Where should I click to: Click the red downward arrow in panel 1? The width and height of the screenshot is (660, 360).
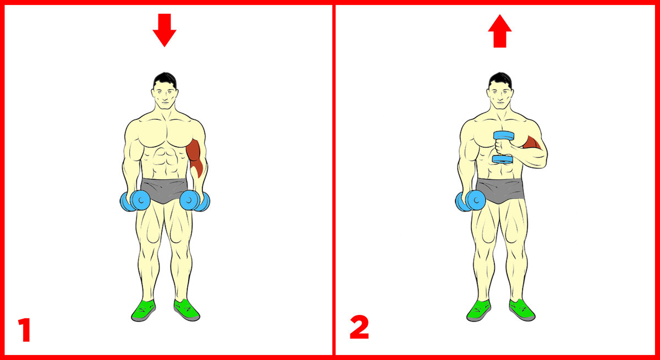coord(164,30)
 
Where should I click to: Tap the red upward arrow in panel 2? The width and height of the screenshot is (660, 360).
coord(500,31)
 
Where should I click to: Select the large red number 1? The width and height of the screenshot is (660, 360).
coord(25,330)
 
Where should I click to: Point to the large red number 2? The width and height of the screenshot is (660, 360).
coord(359,327)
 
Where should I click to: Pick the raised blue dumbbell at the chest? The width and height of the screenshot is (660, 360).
coord(503,147)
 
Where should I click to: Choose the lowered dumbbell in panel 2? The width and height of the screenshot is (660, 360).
coord(470,201)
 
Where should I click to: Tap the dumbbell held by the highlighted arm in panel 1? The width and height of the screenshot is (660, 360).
coord(195,201)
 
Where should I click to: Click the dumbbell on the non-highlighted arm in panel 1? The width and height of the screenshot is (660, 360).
coord(135,201)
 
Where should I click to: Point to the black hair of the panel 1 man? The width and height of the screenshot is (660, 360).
coord(164,80)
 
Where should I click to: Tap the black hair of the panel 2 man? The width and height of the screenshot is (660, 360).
coord(500,80)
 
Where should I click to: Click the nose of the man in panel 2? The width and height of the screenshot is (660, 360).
coord(501,97)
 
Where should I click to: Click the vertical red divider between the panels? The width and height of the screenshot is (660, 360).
coord(333,180)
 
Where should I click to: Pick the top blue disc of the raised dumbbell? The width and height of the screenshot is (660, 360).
coord(504,136)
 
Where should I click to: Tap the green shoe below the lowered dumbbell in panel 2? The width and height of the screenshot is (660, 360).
coord(479,310)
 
